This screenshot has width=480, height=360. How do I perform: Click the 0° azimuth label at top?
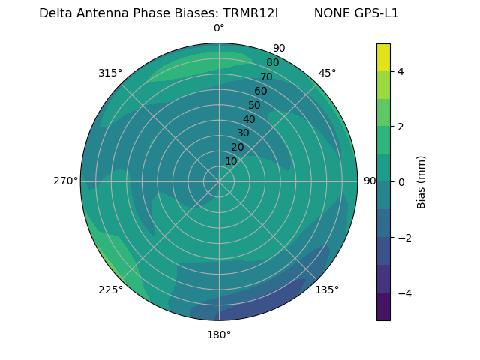pyautogui.click(x=219, y=28)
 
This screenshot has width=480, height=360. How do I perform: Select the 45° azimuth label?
pyautogui.click(x=328, y=73)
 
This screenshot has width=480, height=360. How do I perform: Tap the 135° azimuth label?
pyautogui.click(x=327, y=289)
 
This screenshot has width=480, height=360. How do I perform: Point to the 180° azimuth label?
pyautogui.click(x=219, y=334)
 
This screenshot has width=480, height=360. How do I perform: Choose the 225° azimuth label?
pyautogui.click(x=110, y=290)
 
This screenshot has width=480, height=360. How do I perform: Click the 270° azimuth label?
pyautogui.click(x=66, y=181)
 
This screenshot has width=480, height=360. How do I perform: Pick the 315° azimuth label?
pyautogui.click(x=110, y=73)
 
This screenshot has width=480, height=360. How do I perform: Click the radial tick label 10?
pyautogui.click(x=231, y=162)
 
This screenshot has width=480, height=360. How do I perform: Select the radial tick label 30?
pyautogui.click(x=243, y=133)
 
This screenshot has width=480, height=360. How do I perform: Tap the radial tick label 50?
pyautogui.click(x=255, y=106)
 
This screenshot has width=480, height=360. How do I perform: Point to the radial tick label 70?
pyautogui.click(x=267, y=77)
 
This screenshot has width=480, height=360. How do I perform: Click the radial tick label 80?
pyautogui.click(x=273, y=63)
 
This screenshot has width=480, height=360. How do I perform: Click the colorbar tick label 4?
pyautogui.click(x=401, y=71)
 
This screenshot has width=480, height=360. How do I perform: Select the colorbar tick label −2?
pyautogui.click(x=403, y=238)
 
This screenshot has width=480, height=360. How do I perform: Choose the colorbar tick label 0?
pyautogui.click(x=401, y=182)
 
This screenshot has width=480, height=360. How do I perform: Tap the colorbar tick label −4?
pyautogui.click(x=403, y=293)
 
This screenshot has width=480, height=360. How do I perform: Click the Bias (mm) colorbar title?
pyautogui.click(x=421, y=182)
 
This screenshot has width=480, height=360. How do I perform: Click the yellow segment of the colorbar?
pyautogui.click(x=383, y=57)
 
